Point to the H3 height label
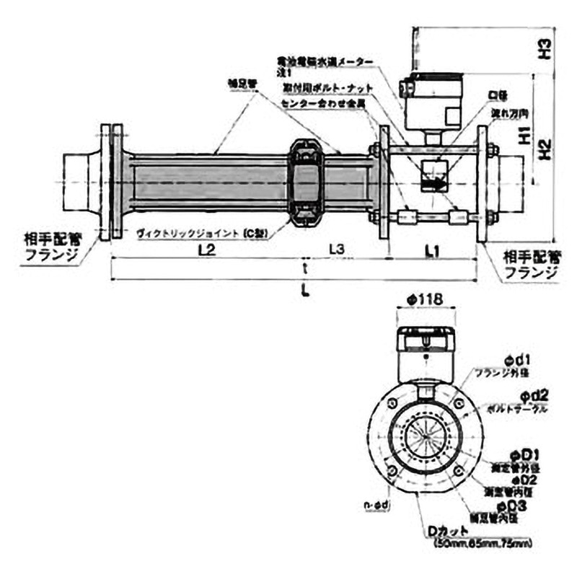[x=547, y=49]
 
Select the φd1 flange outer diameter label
[x=517, y=358]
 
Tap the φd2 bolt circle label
[x=535, y=395]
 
